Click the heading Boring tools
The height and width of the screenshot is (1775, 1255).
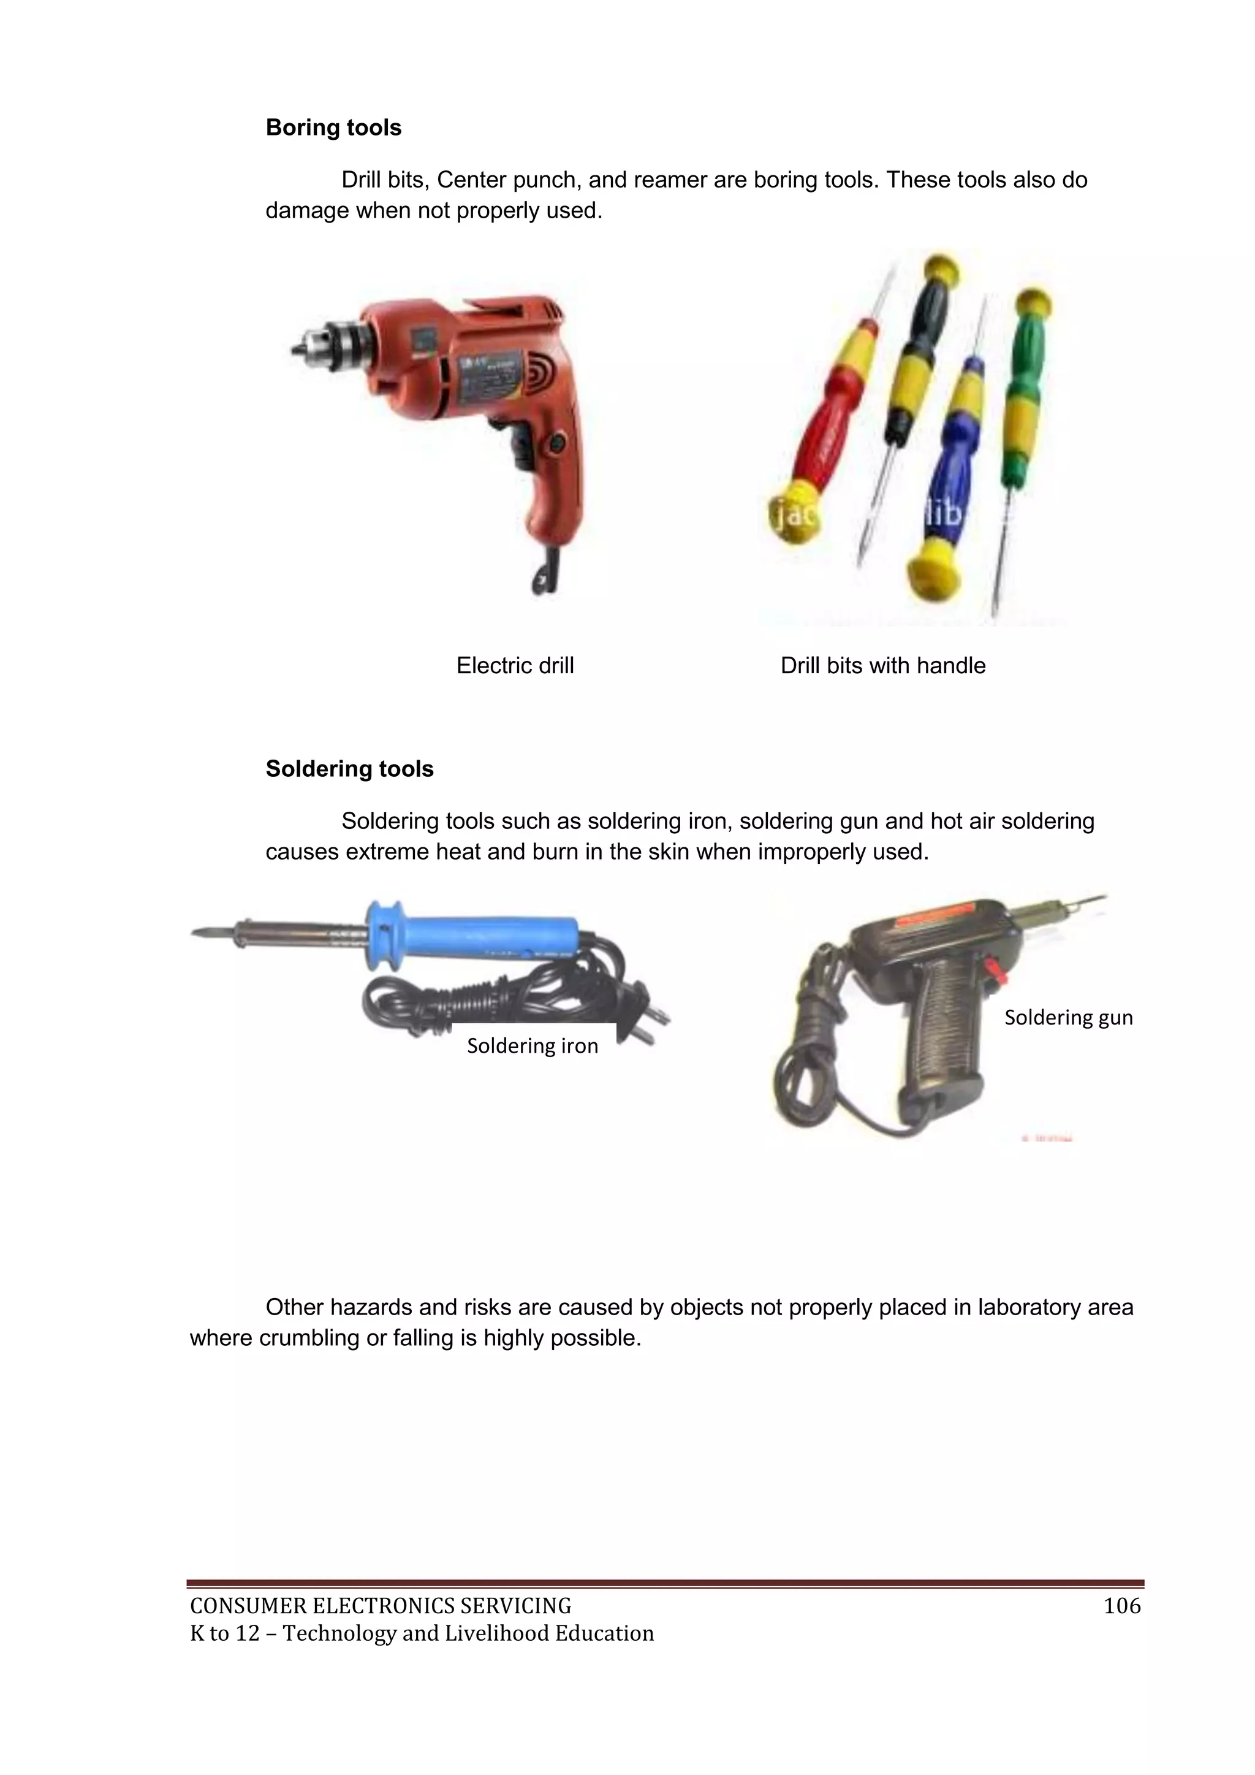click(333, 128)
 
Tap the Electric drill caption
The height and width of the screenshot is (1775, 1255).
click(515, 666)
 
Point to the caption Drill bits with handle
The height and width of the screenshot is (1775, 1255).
click(882, 666)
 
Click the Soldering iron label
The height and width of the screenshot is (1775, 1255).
click(533, 1046)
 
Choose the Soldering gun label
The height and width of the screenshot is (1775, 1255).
click(1068, 1017)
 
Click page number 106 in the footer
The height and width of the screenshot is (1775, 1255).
click(1122, 1606)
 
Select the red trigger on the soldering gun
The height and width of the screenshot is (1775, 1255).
click(991, 966)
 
